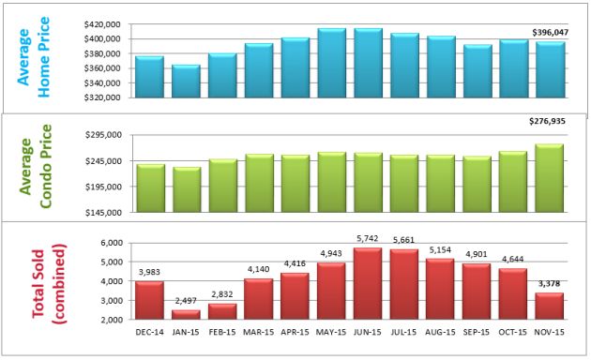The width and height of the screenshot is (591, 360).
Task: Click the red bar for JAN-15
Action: pos(187,314)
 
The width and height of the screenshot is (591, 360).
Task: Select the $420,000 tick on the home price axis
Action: pos(104,24)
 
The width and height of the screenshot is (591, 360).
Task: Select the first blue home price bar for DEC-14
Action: pos(150,77)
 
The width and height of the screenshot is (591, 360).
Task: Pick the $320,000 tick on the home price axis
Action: pos(104,97)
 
